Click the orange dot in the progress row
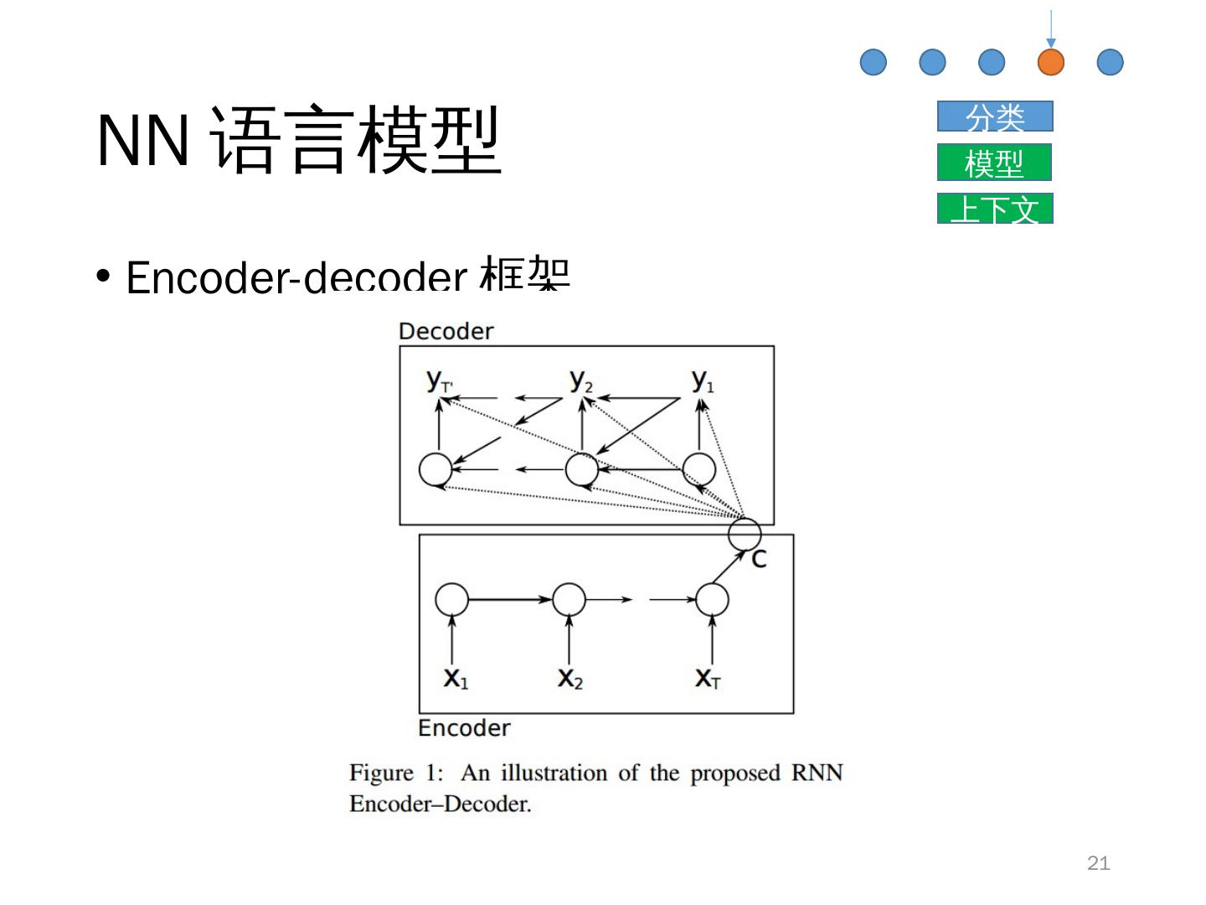coord(1050,62)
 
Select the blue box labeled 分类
coord(995,116)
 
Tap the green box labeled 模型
coord(995,163)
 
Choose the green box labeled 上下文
coord(995,209)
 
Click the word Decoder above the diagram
coord(446,331)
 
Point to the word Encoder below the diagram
coord(464,727)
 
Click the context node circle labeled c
coord(745,534)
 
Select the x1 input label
coord(456,677)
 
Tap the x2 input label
coord(569,677)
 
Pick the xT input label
coord(708,677)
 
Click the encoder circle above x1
coord(452,600)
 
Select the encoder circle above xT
coord(712,600)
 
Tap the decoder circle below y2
coord(581,470)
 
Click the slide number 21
coord(1098,863)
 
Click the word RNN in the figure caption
coord(817,773)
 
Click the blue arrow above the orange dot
coord(1050,29)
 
